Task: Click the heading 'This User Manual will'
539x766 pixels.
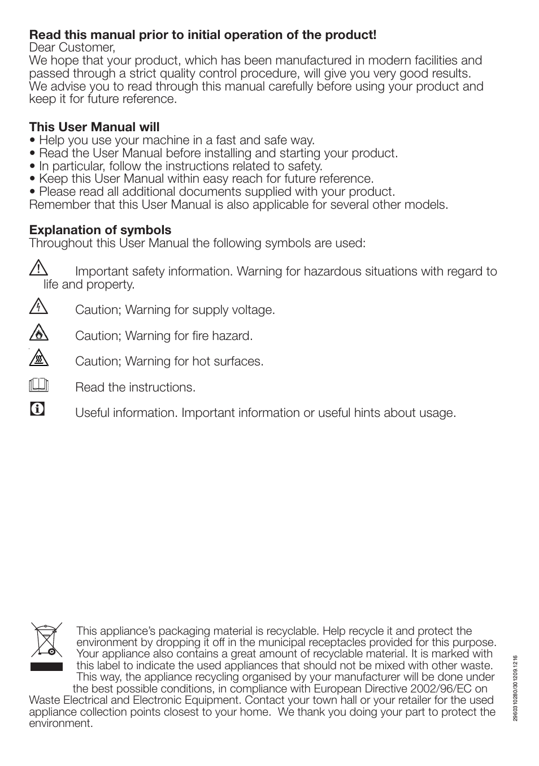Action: coord(94,127)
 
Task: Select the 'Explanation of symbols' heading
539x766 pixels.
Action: coord(100,230)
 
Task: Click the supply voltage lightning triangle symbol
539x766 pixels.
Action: coord(38,307)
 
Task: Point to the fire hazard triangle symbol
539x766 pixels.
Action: coord(38,333)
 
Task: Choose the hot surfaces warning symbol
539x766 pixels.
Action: coord(38,358)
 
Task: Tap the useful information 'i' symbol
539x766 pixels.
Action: coord(37,409)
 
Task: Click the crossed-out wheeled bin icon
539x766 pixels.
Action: coord(46,641)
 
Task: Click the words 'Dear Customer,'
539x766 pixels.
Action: coord(72,48)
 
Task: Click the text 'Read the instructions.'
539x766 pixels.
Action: coord(135,388)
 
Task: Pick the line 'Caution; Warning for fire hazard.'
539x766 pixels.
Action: coord(164,336)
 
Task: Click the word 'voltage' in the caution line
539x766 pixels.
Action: coord(254,310)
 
